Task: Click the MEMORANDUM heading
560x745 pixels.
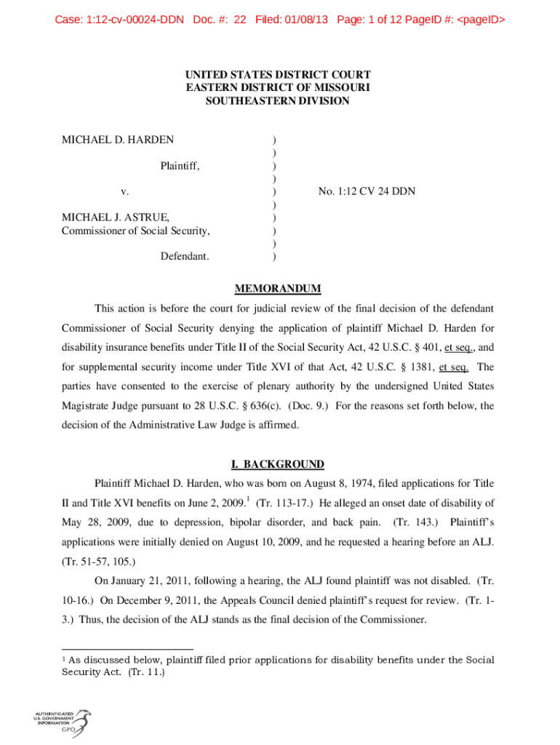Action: (277, 289)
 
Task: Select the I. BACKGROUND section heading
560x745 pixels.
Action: (277, 464)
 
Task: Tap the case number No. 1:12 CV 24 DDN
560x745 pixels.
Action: (361, 191)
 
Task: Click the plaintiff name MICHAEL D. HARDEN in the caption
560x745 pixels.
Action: (117, 140)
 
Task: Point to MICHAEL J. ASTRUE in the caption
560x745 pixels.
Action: (116, 218)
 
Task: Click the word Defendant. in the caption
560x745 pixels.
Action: (185, 256)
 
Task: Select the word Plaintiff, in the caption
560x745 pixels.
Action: (180, 166)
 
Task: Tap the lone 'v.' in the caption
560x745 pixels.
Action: (125, 191)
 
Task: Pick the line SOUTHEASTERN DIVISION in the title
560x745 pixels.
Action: (277, 101)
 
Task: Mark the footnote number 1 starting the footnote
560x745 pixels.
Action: (65, 659)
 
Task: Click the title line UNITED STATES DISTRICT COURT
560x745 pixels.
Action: (277, 75)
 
